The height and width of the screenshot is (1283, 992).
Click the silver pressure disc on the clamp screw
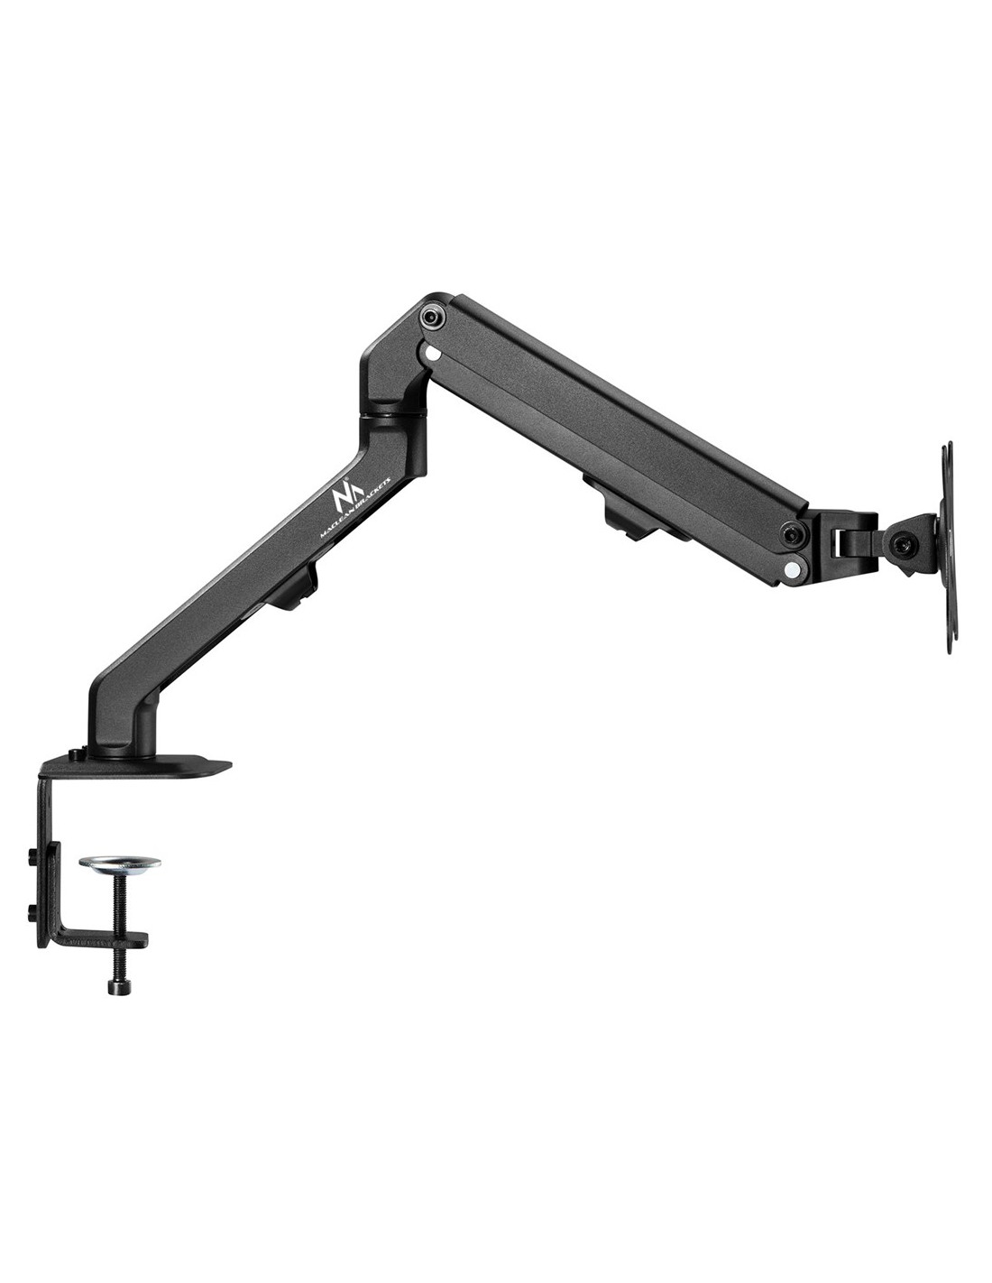120,863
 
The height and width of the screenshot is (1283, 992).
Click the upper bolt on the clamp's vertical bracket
31,856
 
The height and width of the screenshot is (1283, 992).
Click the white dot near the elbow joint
433,355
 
